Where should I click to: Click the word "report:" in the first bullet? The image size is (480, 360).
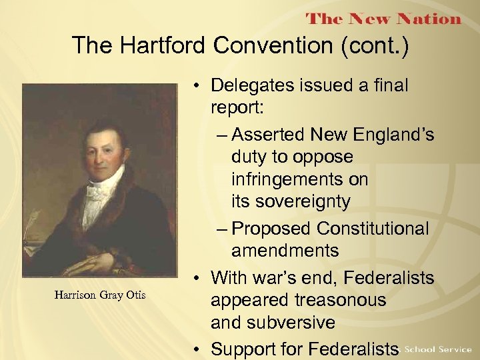click(239, 108)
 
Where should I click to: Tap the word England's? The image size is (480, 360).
click(394, 135)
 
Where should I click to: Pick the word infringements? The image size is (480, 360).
click(299, 180)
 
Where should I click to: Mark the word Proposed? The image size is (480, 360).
click(271, 229)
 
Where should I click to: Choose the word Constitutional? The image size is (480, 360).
click(373, 229)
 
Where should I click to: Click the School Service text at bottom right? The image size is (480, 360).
click(438, 349)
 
